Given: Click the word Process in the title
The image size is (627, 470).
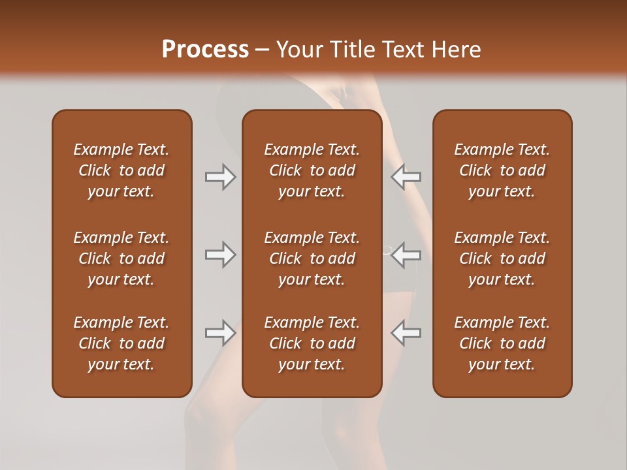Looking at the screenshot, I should [205, 49].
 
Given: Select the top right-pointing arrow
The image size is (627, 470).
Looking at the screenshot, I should [220, 177].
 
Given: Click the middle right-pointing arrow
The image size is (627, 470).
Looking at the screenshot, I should [220, 255].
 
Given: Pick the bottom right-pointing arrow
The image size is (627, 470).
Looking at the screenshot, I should [220, 333].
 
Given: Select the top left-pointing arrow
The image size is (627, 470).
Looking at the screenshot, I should [406, 177].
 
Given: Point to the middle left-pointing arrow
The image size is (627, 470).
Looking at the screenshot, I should [406, 255].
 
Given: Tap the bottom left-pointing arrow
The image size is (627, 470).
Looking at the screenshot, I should [406, 333].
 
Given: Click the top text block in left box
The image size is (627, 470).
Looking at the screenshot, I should [121, 170].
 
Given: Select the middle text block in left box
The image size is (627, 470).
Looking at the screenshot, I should [121, 258].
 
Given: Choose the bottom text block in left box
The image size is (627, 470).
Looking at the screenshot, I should [121, 343].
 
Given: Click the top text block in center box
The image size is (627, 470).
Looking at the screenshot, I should [312, 170].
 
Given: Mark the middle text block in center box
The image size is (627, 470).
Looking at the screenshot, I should [312, 258].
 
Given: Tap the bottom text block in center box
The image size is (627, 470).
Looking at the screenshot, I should [312, 343].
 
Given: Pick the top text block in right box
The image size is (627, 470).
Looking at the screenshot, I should [502, 170].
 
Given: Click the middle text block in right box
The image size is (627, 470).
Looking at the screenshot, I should [502, 258].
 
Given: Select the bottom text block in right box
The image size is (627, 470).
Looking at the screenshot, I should [502, 343].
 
